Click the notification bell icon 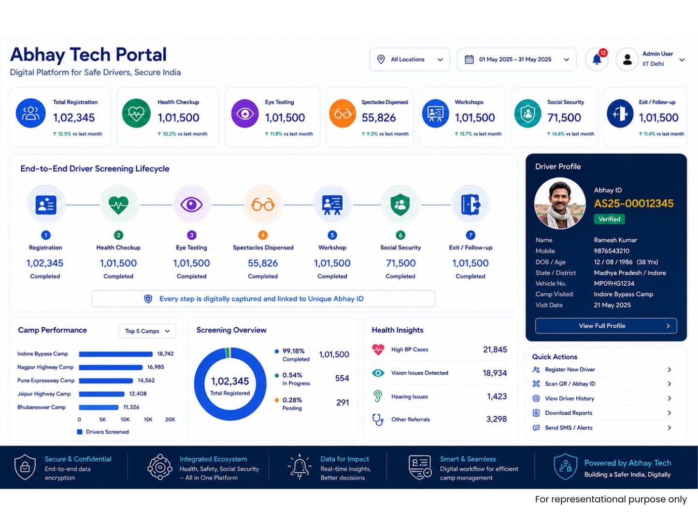(x=597, y=59)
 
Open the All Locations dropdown (x=410, y=59)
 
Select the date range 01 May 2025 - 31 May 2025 (x=516, y=59)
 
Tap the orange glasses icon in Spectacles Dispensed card (x=342, y=113)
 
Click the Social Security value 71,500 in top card (x=564, y=118)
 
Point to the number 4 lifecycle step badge (x=263, y=235)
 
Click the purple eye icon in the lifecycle (x=191, y=205)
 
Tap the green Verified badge (x=609, y=219)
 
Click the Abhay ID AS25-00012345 (x=633, y=204)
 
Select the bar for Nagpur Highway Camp (x=111, y=367)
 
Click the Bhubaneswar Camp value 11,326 (x=131, y=407)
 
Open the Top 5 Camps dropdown (x=147, y=331)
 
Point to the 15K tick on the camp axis (x=148, y=420)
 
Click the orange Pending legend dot (x=277, y=400)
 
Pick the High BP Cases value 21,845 (x=495, y=350)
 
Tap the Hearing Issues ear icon (x=378, y=396)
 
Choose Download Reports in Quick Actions (x=569, y=413)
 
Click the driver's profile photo (x=560, y=204)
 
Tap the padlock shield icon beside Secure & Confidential (x=25, y=467)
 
